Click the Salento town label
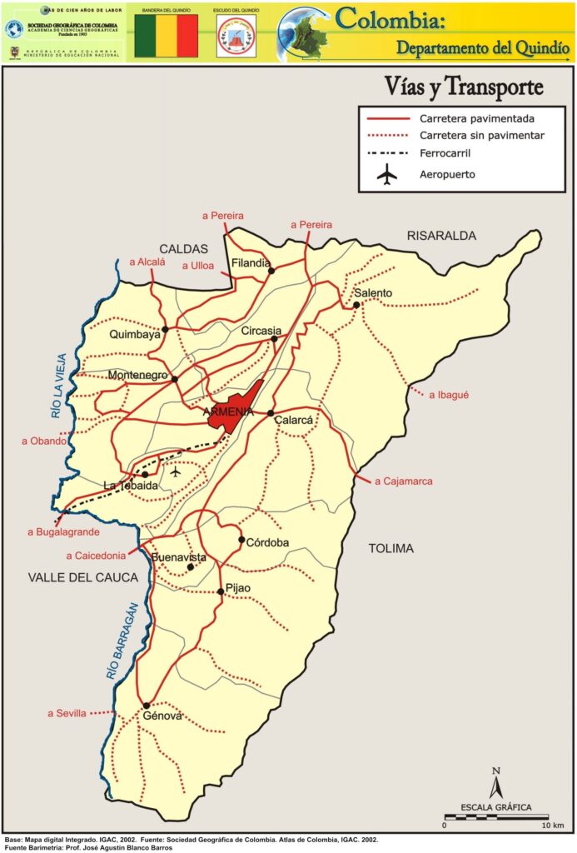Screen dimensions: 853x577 pyautogui.click(x=372, y=293)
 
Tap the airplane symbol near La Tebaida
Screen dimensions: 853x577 pyautogui.click(x=175, y=471)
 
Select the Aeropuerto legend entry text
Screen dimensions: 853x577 pyautogui.click(x=447, y=175)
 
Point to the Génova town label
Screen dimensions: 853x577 pyautogui.click(x=162, y=716)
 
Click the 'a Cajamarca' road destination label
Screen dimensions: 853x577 pyautogui.click(x=403, y=481)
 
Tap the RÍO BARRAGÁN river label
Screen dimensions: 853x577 pyautogui.click(x=120, y=642)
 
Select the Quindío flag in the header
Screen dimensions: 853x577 pyautogui.click(x=166, y=37)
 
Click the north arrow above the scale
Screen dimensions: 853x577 pyautogui.click(x=495, y=783)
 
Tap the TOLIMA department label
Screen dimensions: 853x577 pyautogui.click(x=390, y=548)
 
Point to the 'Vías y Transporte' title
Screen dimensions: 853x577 pyautogui.click(x=464, y=87)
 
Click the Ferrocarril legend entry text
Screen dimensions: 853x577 pyautogui.click(x=450, y=153)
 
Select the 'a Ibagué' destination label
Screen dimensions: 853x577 pyautogui.click(x=449, y=395)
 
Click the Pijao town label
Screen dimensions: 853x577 pyautogui.click(x=237, y=588)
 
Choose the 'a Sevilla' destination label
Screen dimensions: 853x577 pyautogui.click(x=67, y=713)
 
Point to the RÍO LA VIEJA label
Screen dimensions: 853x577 pyautogui.click(x=57, y=386)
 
